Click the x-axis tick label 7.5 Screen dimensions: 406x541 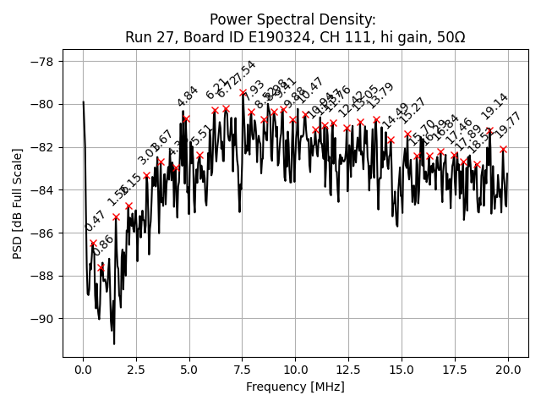(243, 370)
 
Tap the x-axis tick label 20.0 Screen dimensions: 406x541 (508, 370)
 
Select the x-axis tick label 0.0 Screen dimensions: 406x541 (83, 370)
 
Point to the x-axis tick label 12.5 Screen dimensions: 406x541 (348, 370)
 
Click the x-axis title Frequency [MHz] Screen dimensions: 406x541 (295, 387)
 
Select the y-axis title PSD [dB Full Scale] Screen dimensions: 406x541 (18, 191)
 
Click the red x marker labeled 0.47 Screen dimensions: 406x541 (93, 244)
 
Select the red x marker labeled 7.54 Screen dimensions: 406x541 (243, 92)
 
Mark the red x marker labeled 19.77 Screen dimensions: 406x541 (503, 149)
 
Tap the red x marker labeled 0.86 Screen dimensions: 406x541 (101, 268)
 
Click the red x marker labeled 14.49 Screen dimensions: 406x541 (391, 140)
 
